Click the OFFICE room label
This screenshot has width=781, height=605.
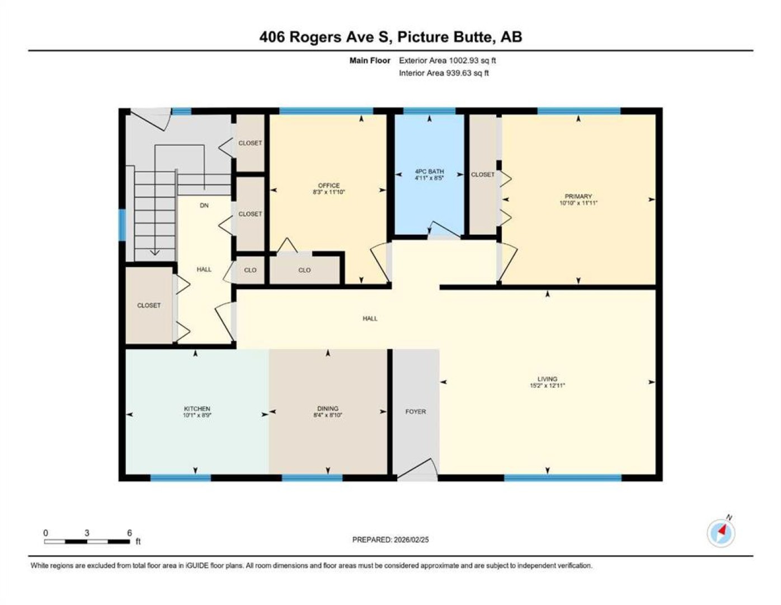328,185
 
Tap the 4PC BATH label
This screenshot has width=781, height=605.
430,171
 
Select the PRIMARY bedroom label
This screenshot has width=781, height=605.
578,196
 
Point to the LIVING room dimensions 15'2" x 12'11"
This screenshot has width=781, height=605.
547,385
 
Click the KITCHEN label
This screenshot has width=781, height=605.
197,408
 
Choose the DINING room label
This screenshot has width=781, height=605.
328,408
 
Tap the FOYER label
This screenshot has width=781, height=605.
416,411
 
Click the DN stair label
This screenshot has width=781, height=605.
204,206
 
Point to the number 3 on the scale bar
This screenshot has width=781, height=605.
87,533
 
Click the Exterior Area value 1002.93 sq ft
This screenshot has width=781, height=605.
472,61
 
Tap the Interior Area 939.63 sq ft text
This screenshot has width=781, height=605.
444,73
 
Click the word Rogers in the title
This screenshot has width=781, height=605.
315,38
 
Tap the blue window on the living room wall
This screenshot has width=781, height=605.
563,478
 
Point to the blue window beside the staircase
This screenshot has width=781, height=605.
122,225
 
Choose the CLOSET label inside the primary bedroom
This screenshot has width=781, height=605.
483,175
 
